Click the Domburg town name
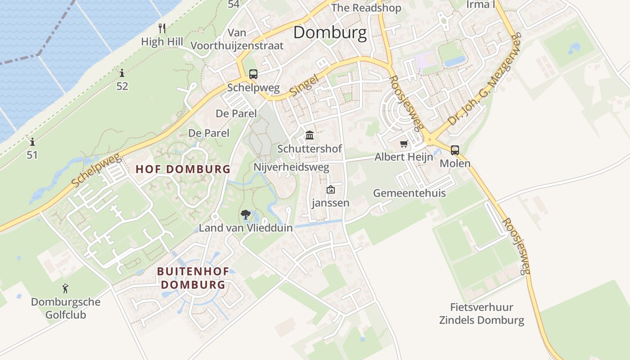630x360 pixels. click(330, 33)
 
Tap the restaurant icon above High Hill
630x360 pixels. click(162, 28)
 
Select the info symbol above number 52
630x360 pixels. click(122, 73)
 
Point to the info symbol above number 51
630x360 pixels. click(32, 142)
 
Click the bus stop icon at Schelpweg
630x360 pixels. click(253, 74)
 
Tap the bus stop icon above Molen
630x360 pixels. click(455, 150)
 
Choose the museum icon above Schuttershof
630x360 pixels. click(310, 135)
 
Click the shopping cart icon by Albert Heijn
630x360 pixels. click(404, 144)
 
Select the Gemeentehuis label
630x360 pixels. click(409, 193)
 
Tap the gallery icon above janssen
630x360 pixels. click(331, 189)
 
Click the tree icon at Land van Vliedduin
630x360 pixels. click(246, 215)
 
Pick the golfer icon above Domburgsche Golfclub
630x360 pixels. click(66, 288)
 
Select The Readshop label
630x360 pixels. click(366, 8)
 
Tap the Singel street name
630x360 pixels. click(304, 85)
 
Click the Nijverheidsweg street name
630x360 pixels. click(291, 167)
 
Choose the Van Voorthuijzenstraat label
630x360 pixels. click(237, 39)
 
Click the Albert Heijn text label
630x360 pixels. click(404, 157)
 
